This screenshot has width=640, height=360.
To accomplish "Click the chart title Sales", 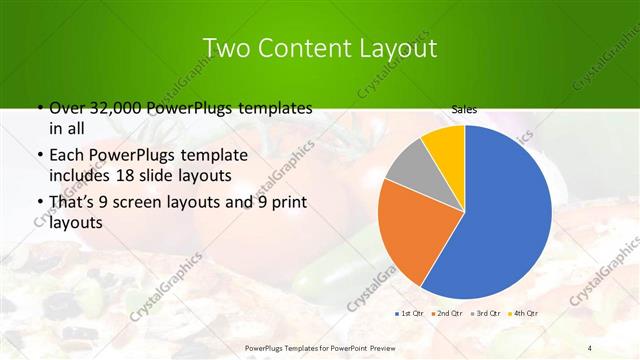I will pos(463,110).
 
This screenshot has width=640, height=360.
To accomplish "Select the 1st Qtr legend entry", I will pos(410,313).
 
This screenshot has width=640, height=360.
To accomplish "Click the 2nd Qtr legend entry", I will pos(448,313).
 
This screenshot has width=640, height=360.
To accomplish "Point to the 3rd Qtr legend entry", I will pos(487,313).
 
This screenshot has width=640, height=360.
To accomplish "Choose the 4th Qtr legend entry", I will pos(525,313).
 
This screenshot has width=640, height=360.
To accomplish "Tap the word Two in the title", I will pos(224,48).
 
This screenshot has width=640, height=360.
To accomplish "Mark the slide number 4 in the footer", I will pos(590,347).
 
